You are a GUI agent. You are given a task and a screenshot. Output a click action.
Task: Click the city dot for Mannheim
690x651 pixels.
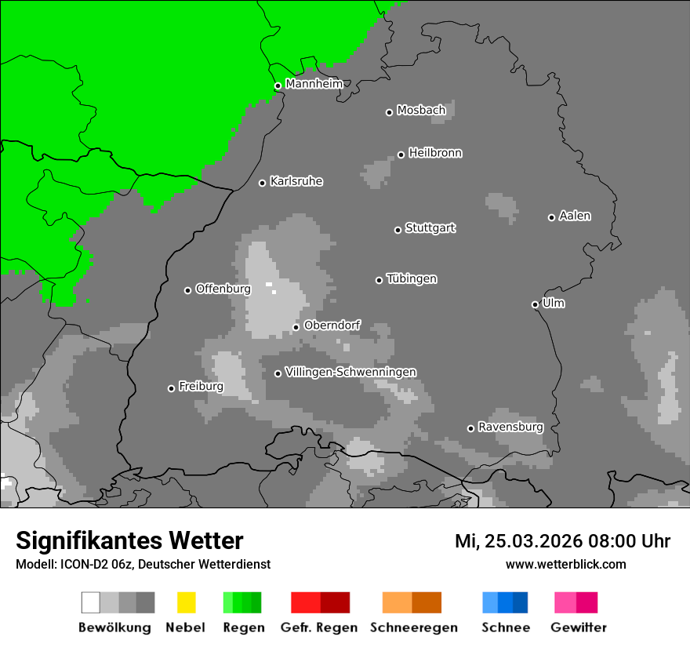pyautogui.click(x=278, y=86)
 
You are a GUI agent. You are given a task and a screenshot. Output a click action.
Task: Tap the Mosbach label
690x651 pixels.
pyautogui.click(x=421, y=111)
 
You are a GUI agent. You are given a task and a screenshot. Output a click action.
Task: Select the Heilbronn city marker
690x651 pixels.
pyautogui.click(x=401, y=155)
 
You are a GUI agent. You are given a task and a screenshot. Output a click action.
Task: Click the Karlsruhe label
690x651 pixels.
pyautogui.click(x=296, y=181)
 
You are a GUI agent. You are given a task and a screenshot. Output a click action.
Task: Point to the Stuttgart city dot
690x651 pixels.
pyautogui.click(x=398, y=230)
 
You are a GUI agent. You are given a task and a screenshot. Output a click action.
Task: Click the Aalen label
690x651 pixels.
pyautogui.click(x=575, y=216)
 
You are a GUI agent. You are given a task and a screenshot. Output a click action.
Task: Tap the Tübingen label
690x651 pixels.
pyautogui.click(x=412, y=278)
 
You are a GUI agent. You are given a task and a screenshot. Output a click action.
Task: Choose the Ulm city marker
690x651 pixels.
pyautogui.click(x=535, y=304)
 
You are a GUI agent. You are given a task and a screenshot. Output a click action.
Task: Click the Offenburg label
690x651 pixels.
pyautogui.click(x=223, y=289)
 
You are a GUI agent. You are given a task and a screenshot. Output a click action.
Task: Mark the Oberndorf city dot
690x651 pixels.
pyautogui.click(x=296, y=327)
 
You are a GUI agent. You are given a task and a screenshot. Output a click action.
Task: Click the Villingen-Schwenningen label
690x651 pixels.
pyautogui.click(x=350, y=372)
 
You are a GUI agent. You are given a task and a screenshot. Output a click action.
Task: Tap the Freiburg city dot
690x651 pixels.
pyautogui.click(x=171, y=388)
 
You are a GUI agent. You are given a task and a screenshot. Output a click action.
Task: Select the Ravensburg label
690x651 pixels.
pyautogui.click(x=510, y=427)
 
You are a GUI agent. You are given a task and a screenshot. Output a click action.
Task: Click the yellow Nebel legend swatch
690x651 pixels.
pyautogui.click(x=186, y=602)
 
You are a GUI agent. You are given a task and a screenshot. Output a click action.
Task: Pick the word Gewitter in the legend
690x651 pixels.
pyautogui.click(x=579, y=627)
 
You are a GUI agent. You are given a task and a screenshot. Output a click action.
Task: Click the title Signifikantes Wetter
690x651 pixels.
pyautogui.click(x=129, y=540)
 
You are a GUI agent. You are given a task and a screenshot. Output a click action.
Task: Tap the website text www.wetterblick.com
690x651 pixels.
pyautogui.click(x=565, y=564)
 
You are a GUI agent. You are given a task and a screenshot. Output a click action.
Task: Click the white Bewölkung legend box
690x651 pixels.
pyautogui.click(x=90, y=602)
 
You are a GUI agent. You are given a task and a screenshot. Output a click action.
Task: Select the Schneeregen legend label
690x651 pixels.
pyautogui.click(x=414, y=627)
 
